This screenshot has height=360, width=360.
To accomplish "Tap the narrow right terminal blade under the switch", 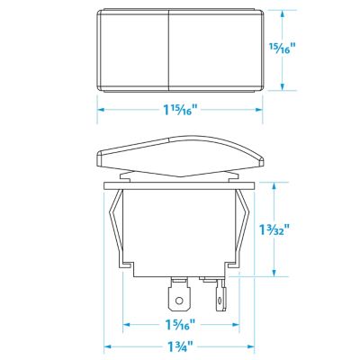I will click(x=219, y=292).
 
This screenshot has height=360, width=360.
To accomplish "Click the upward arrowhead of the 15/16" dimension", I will click(x=284, y=14).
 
